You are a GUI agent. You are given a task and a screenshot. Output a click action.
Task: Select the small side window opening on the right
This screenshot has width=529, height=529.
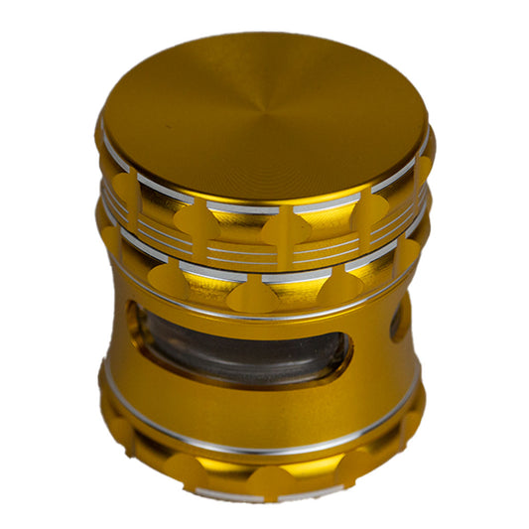tap(400, 321)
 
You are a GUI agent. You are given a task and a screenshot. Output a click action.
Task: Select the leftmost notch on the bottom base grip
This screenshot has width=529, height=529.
tap(119, 427)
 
